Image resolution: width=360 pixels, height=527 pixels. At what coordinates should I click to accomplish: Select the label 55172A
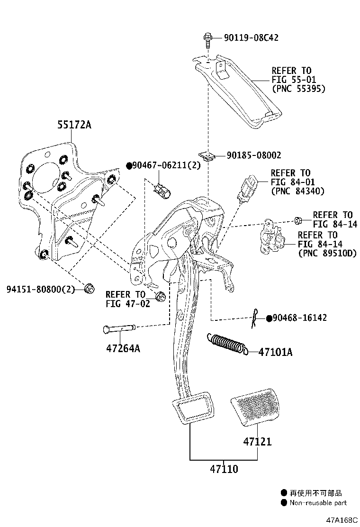pos(74,125)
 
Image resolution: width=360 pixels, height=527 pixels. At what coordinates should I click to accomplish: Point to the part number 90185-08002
pos(254,155)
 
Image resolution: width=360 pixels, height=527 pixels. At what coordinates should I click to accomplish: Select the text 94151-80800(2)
pos(41,289)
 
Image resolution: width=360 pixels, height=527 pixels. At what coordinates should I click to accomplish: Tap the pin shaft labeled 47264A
pos(118,328)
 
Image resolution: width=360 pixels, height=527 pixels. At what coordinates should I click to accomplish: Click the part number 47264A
pos(123,349)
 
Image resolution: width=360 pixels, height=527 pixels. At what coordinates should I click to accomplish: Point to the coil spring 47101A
pos(227,344)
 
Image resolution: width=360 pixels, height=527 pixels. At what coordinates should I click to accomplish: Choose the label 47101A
pos(276,352)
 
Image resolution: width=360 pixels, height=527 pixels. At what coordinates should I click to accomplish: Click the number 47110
pos(224,469)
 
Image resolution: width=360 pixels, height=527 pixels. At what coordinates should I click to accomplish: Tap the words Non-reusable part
pos(318,503)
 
